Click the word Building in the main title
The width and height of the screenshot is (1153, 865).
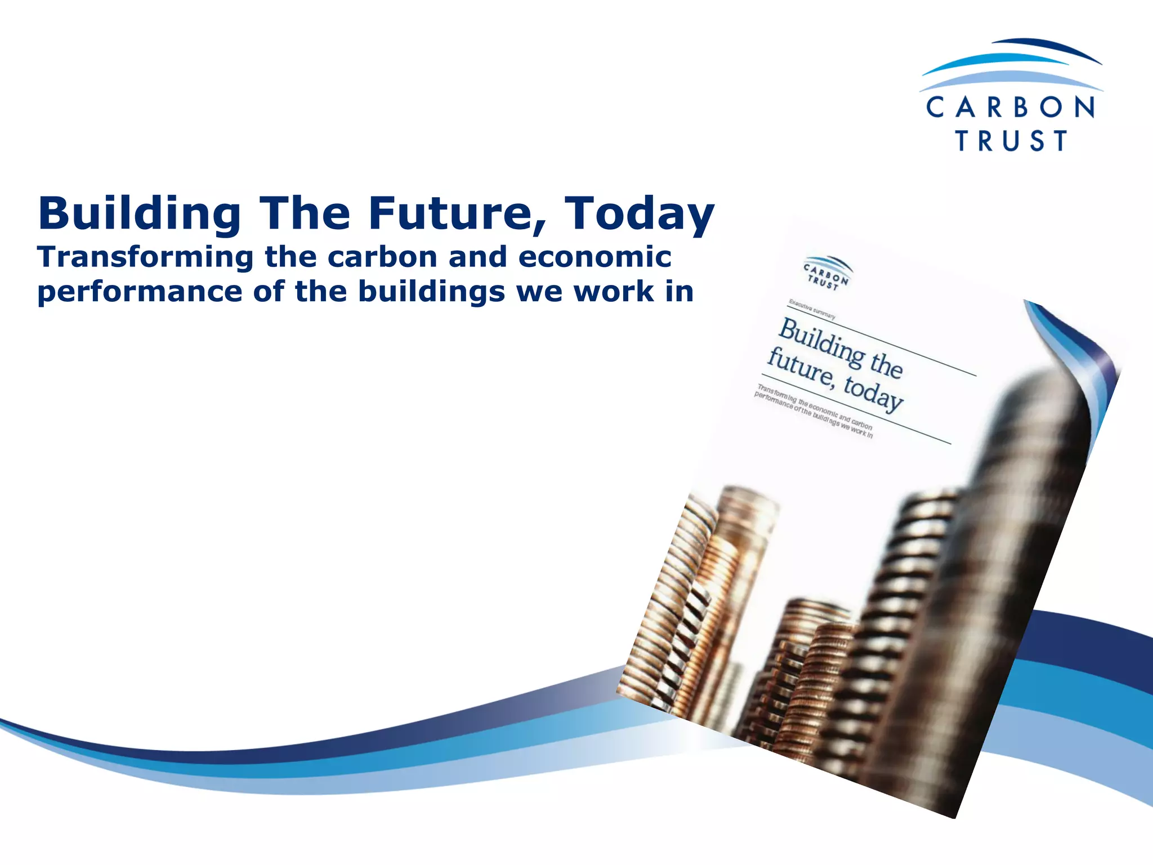(140, 215)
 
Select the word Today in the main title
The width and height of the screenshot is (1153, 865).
(639, 215)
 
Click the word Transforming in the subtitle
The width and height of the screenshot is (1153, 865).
(146, 258)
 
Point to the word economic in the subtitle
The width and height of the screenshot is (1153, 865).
(595, 257)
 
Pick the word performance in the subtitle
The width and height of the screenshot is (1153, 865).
(140, 292)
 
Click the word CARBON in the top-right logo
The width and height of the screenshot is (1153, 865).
(1011, 107)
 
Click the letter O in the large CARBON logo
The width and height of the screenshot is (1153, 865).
(1051, 107)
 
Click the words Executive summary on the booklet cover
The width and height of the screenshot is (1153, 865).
(812, 309)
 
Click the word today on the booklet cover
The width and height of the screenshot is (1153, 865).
(873, 392)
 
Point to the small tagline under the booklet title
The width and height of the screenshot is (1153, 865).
(813, 411)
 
